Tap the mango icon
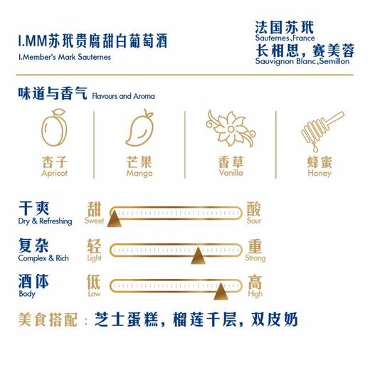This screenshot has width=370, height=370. click(139, 129)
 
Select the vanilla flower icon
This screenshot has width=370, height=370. click(229, 128)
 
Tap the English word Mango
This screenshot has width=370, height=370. click(139, 173)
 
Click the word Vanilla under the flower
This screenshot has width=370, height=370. click(229, 173)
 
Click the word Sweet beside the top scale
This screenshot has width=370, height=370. click(95, 221)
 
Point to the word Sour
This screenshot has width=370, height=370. click(254, 221)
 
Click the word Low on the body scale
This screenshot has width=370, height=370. click(94, 293)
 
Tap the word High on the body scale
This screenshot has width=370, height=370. click(255, 293)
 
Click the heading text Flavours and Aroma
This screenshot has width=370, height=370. click(124, 96)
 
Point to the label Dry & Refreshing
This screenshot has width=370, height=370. click(46, 221)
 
